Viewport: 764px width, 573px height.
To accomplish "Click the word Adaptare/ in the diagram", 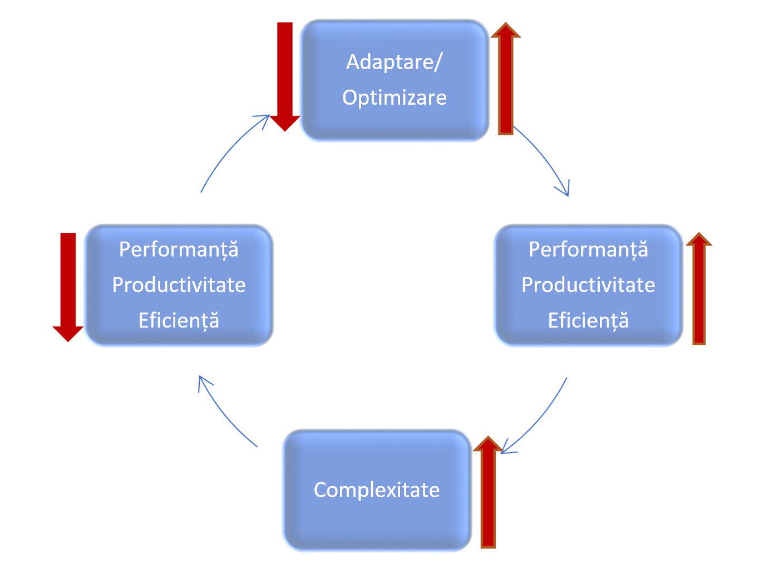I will (x=394, y=62).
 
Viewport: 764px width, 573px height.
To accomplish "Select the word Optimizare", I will (x=394, y=98).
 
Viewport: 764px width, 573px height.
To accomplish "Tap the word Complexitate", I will (x=377, y=490).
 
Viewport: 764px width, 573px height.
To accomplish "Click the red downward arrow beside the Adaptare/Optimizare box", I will (x=285, y=72).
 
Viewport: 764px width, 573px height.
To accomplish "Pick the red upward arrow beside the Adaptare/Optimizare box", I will (x=505, y=81).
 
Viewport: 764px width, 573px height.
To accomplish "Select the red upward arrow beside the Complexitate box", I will (x=488, y=496).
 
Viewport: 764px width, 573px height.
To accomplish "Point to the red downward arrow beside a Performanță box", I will (x=68, y=284).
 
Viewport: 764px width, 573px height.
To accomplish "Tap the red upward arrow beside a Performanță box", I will (x=699, y=292).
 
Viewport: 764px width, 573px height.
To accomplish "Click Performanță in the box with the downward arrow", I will (x=179, y=249).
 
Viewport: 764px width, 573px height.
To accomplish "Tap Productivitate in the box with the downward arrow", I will (x=179, y=285).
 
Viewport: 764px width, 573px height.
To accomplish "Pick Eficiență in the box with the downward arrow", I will (x=179, y=321).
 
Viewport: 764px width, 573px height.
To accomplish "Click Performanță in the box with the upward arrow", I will (x=588, y=249).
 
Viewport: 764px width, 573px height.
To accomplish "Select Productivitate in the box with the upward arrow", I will (x=588, y=285).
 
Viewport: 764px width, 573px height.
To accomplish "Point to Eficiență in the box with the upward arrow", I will (x=588, y=321).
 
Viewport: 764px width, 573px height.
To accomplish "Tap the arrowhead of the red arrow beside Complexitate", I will (x=488, y=444).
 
